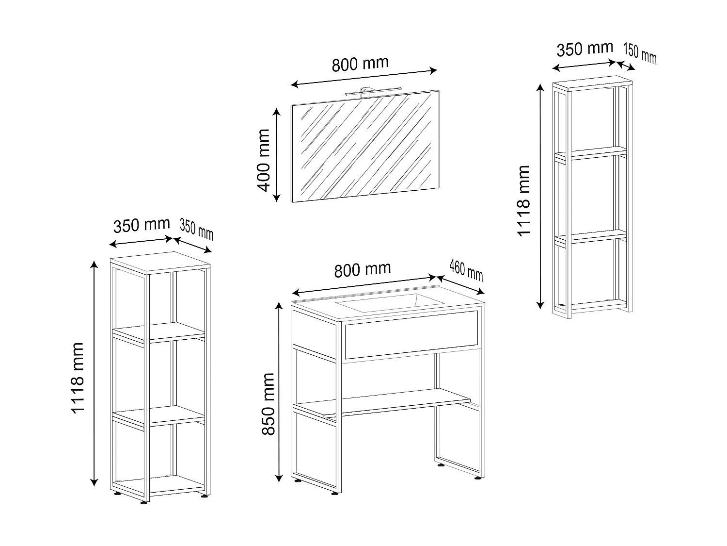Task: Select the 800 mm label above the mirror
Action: click(x=360, y=64)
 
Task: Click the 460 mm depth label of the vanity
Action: click(x=466, y=271)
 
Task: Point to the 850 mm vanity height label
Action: click(x=268, y=404)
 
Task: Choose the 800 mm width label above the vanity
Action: click(x=363, y=269)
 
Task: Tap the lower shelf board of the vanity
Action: click(x=383, y=403)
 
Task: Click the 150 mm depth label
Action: click(x=640, y=53)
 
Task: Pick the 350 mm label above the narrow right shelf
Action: click(x=585, y=50)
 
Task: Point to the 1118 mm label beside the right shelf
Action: click(x=524, y=200)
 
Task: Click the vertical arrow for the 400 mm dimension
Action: click(x=276, y=155)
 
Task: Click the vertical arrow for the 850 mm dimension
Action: click(x=279, y=392)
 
